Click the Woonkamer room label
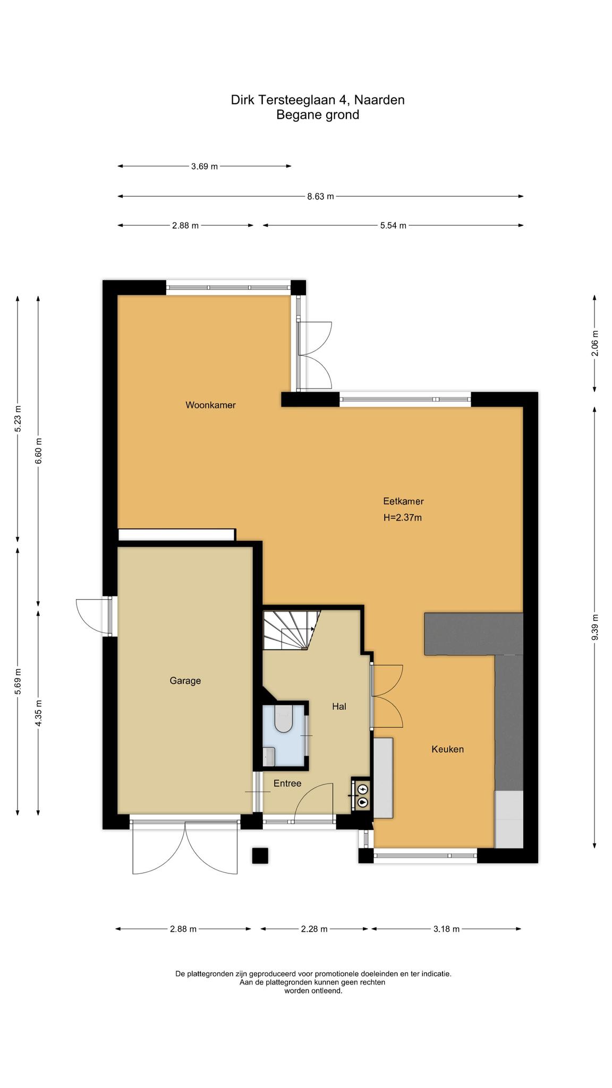[210, 405]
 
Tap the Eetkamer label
[403, 501]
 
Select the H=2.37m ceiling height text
[403, 517]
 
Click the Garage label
[185, 681]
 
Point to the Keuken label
[447, 749]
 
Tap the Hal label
[339, 706]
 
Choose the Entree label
[287, 783]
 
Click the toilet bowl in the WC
[283, 718]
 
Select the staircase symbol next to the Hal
[291, 630]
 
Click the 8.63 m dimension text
[321, 197]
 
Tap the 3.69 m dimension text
[205, 166]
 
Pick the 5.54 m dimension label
[393, 226]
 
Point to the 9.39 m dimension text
[595, 627]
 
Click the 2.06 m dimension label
[595, 344]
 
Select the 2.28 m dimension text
[314, 929]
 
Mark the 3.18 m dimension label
[446, 929]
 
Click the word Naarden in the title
[379, 100]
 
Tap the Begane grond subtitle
[318, 115]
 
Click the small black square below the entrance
[260, 855]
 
